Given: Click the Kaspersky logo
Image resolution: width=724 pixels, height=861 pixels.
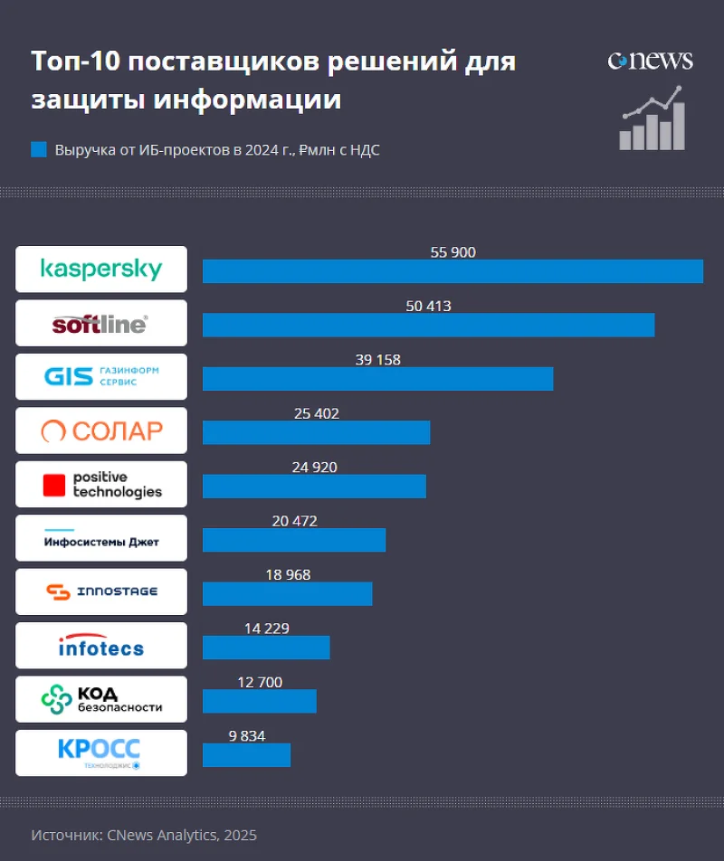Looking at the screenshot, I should tap(101, 270).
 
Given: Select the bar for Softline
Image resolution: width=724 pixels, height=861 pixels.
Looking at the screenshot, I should tap(428, 325).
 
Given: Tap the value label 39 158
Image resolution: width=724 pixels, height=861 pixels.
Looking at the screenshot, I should tap(377, 360).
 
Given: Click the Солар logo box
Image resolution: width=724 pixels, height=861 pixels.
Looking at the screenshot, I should tap(101, 430).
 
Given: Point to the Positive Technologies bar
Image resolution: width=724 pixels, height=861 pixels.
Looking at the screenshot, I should tap(314, 487).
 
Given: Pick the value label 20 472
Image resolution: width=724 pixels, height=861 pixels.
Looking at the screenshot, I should tap(294, 521).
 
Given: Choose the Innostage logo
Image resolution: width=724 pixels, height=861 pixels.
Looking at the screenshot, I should tap(101, 591).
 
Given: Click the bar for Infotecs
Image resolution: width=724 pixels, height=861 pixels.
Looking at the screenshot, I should tap(266, 648).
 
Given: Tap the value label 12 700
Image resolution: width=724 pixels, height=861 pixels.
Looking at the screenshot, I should tap(260, 682).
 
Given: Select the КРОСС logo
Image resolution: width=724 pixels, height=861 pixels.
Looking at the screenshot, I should tap(101, 752).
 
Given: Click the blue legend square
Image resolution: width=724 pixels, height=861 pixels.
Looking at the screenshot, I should tap(38, 149).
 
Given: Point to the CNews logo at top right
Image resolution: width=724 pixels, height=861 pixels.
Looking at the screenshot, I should tap(650, 61).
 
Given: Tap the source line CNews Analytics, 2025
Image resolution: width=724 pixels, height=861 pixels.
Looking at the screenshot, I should tap(144, 835).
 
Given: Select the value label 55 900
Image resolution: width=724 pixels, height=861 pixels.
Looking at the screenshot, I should tap(452, 252).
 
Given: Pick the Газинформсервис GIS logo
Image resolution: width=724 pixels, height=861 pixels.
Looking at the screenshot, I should tap(101, 376).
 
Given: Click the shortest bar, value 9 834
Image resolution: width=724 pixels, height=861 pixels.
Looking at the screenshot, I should tap(246, 755).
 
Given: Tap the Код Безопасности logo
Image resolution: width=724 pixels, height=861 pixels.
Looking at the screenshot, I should tap(101, 699).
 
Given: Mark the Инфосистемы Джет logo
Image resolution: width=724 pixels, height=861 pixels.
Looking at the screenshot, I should tap(101, 538).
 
